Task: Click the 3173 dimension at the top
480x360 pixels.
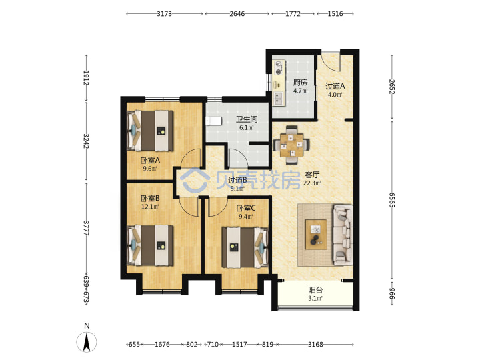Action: tap(165, 14)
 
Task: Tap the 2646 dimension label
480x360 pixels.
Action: tap(237, 14)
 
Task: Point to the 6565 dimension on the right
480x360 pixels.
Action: tap(392, 200)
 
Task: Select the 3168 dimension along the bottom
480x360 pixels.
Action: tap(315, 345)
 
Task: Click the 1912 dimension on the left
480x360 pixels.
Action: tap(86, 78)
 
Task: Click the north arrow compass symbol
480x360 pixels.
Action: tap(87, 341)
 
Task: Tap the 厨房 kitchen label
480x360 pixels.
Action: tap(300, 83)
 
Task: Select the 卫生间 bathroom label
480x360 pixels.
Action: tap(247, 119)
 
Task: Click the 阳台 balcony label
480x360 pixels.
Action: tap(315, 290)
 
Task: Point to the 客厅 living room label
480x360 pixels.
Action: tap(312, 175)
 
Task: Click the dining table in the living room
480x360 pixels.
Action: tap(291, 145)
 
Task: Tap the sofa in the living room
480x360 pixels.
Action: tap(343, 235)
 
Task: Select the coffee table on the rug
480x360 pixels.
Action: tap(316, 235)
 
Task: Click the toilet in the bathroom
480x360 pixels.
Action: tap(213, 121)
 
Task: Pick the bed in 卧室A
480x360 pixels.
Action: tap(150, 131)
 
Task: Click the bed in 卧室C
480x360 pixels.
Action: tap(245, 247)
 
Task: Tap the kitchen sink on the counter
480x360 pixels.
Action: tap(279, 97)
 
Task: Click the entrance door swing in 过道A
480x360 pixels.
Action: tap(331, 63)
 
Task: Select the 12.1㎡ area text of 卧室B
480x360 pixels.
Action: tap(150, 207)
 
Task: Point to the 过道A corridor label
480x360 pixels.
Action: tap(335, 86)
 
